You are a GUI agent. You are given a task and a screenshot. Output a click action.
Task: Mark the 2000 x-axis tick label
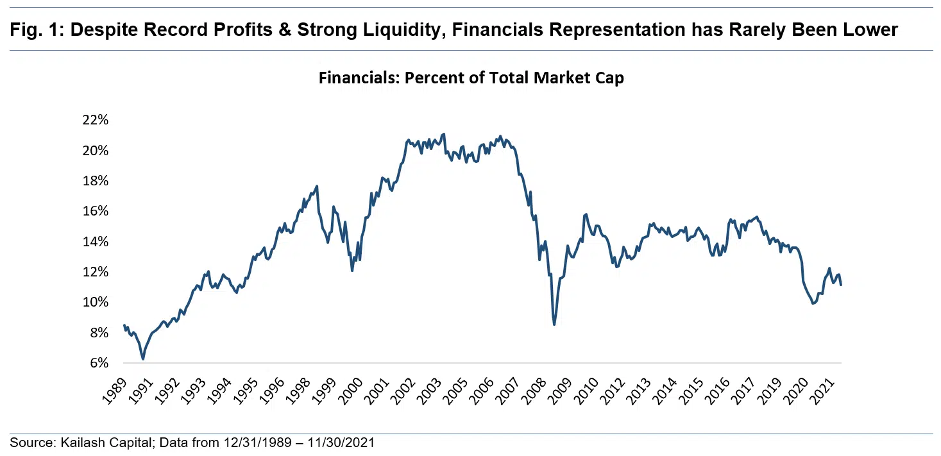tap(351, 390)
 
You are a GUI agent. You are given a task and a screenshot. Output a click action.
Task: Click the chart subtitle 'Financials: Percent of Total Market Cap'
tap(471, 78)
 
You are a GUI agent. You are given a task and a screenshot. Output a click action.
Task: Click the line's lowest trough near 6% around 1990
tap(143, 359)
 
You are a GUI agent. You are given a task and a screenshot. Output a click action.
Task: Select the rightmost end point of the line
tap(841, 285)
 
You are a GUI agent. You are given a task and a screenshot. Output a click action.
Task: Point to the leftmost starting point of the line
tap(124, 325)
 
